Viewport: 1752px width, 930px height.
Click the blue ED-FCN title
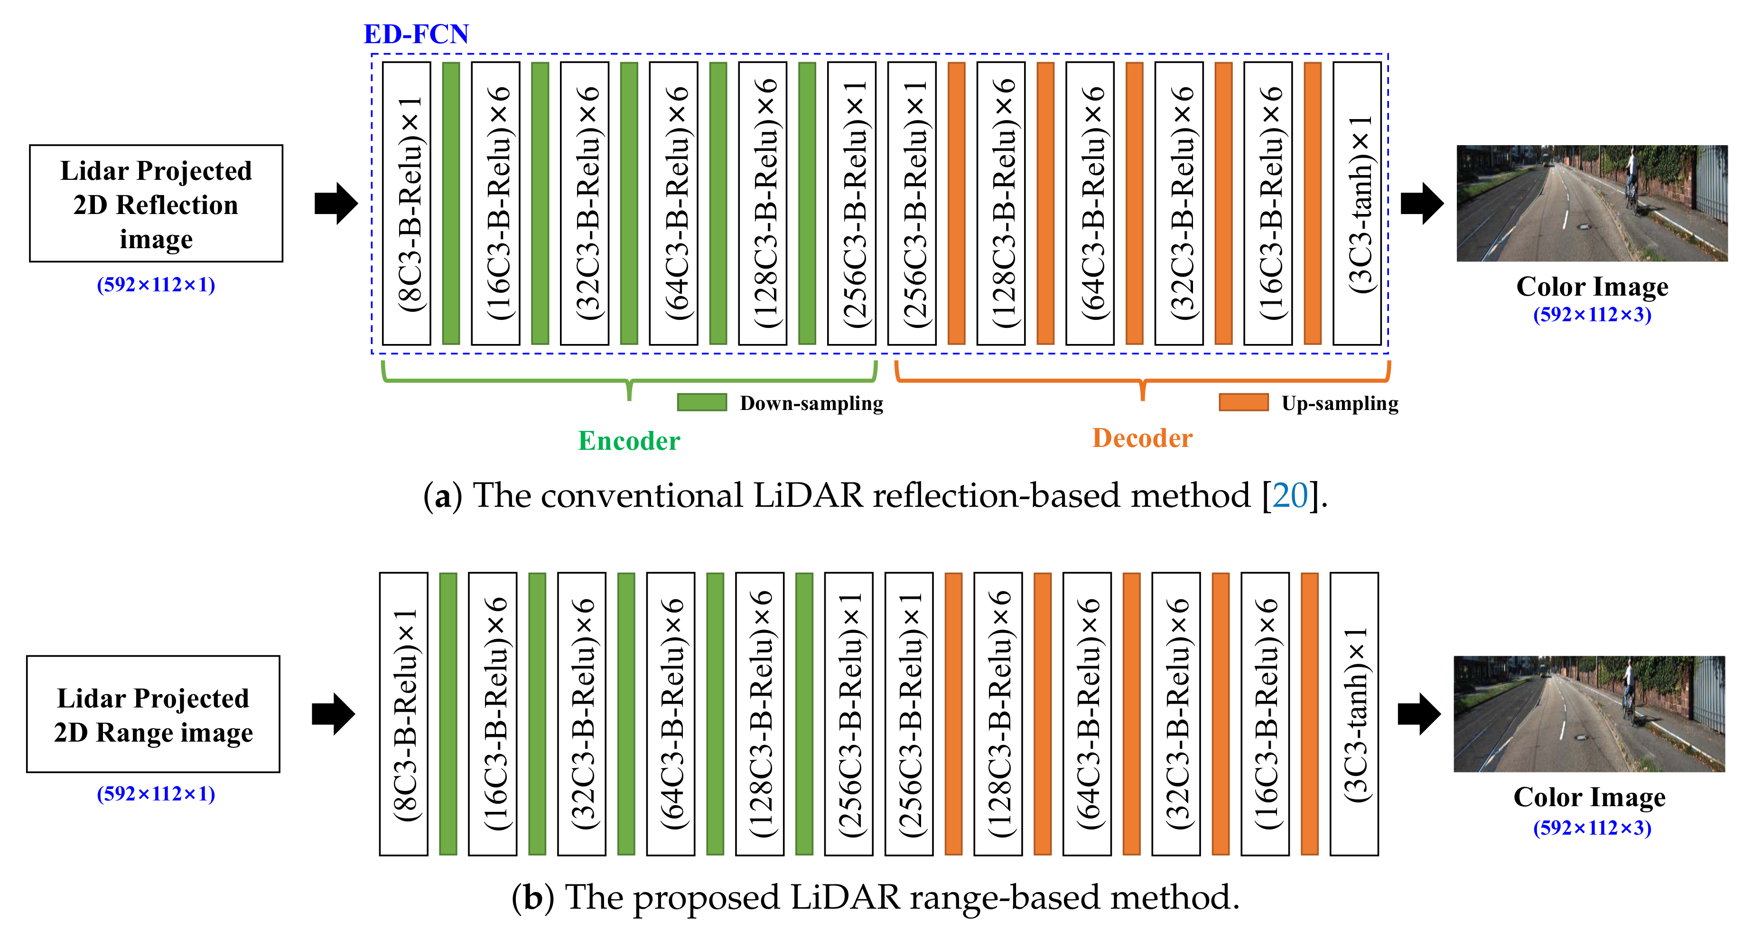pos(416,34)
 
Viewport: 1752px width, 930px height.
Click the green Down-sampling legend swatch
pos(702,402)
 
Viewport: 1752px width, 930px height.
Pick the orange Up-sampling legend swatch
pos(1243,402)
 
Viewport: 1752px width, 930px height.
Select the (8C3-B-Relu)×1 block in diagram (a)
pos(407,203)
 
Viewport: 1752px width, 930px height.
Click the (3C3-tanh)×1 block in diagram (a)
pos(1357,203)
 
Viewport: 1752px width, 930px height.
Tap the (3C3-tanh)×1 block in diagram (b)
pos(1354,714)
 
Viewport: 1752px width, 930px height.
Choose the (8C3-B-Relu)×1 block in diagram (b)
pos(404,714)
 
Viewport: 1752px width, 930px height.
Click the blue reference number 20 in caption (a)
pos(1290,495)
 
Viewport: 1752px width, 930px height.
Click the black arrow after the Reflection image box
pos(336,203)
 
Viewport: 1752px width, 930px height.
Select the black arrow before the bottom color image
pos(1419,714)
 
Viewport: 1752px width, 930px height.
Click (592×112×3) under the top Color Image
pos(1592,315)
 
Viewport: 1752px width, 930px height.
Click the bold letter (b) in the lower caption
pos(532,897)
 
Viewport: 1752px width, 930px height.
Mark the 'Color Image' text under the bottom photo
pos(1589,797)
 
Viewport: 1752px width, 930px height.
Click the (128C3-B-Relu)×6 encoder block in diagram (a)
pos(763,203)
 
